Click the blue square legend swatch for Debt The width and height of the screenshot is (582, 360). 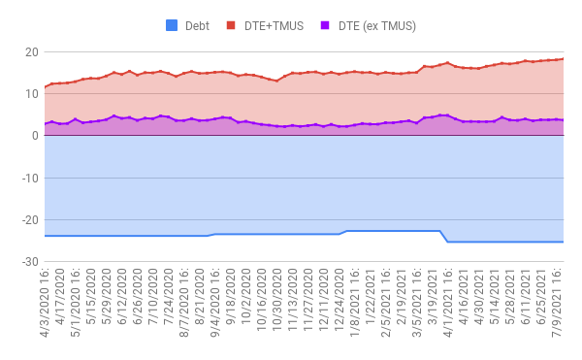coord(173,25)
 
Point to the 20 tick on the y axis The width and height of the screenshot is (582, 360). coord(31,51)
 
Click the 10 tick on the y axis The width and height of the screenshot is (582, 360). coord(31,93)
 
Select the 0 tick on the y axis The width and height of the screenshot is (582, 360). coord(34,136)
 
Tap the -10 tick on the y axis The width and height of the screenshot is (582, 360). coord(29,179)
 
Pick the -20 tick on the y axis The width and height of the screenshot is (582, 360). coord(29,220)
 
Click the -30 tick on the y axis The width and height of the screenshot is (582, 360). coord(29,263)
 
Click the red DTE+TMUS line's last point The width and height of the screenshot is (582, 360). coord(564,59)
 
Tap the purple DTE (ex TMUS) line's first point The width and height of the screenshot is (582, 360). coord(45,124)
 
